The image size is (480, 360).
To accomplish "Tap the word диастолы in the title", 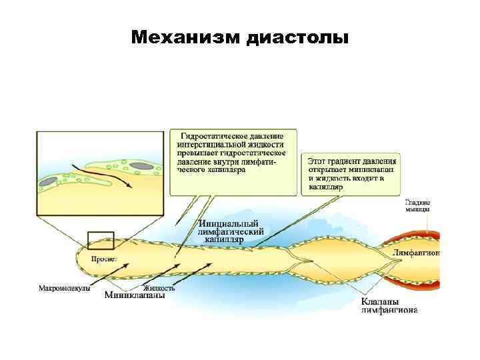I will pos(297,36).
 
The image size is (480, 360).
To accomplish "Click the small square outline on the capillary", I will pos(101,240).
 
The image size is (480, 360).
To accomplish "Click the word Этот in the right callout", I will pos(319,161).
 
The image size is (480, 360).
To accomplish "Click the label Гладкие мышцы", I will pos(418,205).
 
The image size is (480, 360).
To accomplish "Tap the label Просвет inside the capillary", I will pos(105,257).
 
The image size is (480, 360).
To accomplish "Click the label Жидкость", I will pos(159,288).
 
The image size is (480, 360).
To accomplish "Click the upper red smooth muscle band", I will pos(419,237).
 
